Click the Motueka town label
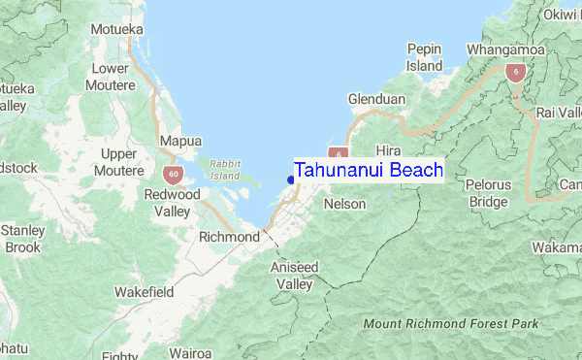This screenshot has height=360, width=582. pyautogui.click(x=116, y=29)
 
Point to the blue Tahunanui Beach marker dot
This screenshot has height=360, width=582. pyautogui.click(x=290, y=179)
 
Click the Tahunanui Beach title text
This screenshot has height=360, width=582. pyautogui.click(x=369, y=170)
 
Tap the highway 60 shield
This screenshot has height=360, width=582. pyautogui.click(x=171, y=174)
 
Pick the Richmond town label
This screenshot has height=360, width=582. pyautogui.click(x=229, y=237)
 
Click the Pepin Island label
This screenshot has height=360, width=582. pyautogui.click(x=425, y=57)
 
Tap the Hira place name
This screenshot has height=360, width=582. pyautogui.click(x=388, y=150)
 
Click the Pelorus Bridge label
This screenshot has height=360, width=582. pyautogui.click(x=488, y=193)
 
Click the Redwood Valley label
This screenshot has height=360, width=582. pyautogui.click(x=172, y=203)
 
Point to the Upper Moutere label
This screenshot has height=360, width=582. pyautogui.click(x=119, y=162)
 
